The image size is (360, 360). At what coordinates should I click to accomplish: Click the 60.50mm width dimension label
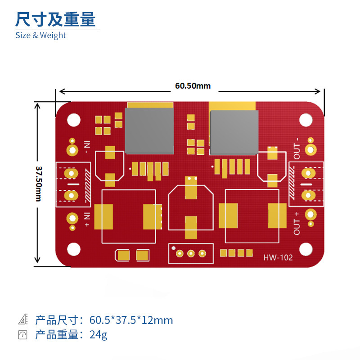(193, 86)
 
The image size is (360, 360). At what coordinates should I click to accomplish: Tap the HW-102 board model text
(278, 257)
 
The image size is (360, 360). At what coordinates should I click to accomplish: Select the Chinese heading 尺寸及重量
(55, 19)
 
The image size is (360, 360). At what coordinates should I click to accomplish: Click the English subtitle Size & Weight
(40, 35)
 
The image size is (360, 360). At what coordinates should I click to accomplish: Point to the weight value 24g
(99, 335)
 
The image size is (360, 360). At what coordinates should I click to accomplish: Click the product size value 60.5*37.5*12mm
(131, 320)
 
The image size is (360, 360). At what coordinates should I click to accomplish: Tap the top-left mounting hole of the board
(73, 119)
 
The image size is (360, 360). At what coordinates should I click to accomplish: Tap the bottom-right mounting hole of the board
(306, 248)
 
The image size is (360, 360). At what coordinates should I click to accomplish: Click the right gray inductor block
(234, 131)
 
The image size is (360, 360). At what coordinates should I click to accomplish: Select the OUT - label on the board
(297, 150)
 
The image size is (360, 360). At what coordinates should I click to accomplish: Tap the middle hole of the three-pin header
(191, 254)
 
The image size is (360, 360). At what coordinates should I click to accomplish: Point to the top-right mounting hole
(306, 119)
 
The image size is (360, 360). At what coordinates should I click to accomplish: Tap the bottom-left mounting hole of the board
(73, 248)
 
